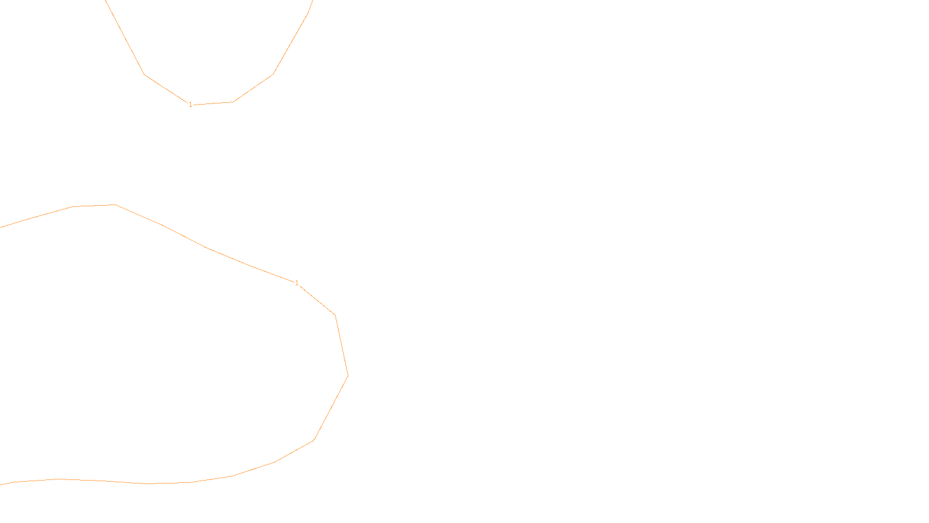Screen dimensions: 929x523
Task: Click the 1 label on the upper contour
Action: click(x=190, y=105)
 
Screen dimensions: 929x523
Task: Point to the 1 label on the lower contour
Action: click(x=297, y=283)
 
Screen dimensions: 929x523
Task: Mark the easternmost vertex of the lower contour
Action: click(x=348, y=375)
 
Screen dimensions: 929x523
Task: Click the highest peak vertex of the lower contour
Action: click(x=116, y=205)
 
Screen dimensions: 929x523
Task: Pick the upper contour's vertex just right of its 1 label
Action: click(x=233, y=102)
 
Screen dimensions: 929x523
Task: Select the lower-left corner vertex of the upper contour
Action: click(x=145, y=74)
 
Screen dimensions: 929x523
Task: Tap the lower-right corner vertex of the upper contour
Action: click(x=273, y=74)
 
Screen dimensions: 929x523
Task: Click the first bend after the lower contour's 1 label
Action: click(x=335, y=315)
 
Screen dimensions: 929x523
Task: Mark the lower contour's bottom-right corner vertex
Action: click(x=314, y=440)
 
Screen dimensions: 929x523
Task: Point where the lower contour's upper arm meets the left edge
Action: click(x=1, y=227)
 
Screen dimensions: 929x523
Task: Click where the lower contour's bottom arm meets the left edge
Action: click(x=1, y=484)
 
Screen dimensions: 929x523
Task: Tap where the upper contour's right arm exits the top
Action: click(x=312, y=1)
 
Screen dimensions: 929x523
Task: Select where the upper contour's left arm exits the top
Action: click(x=106, y=1)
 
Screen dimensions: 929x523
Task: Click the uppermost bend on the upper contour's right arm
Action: click(x=308, y=13)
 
